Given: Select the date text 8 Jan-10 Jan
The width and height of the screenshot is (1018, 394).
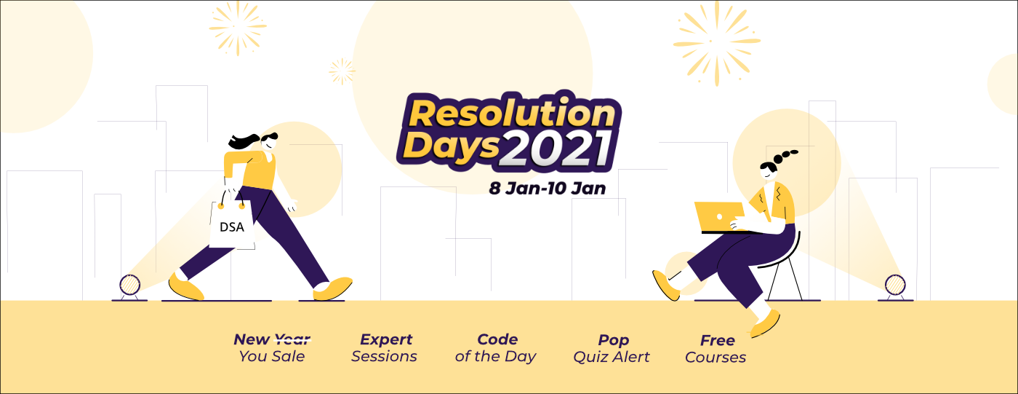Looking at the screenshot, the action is pos(547,189).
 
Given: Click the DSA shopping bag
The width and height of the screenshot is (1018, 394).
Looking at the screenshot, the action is pos(232,225).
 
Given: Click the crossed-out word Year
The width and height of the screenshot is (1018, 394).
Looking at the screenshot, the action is pos(292,339).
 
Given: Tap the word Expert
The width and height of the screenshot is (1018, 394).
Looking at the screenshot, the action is pos(386,340).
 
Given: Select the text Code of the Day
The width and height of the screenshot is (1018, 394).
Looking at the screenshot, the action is pos(496,348).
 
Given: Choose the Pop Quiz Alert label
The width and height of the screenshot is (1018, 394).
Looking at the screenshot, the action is pos(612,349).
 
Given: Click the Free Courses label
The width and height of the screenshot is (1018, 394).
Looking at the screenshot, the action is pos(716,349).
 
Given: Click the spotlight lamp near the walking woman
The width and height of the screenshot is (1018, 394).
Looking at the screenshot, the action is pos(130,287).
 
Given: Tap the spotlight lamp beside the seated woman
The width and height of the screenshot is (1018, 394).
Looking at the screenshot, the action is pos(895,287).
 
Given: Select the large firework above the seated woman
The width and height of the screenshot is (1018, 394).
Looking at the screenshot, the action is pos(717,43).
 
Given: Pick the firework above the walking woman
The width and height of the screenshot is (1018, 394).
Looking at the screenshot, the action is pos(238,27).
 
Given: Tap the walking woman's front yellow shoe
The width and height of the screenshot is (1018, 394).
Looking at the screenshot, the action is pos(333,289).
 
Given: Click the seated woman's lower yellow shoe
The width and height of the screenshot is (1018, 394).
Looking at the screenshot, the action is pos(766,324).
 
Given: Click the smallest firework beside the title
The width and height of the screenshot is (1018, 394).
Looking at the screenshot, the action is pos(342,71).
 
